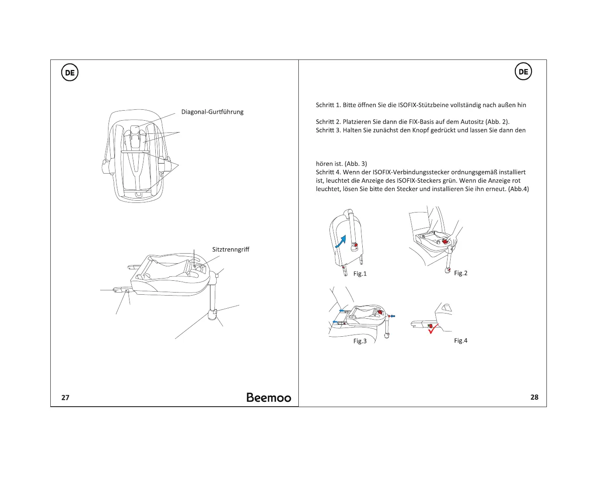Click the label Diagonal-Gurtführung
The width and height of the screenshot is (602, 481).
(212, 112)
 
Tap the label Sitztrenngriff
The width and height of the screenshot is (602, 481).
(231, 250)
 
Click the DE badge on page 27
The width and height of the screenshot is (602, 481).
(70, 73)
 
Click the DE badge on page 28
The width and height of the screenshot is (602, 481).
(523, 72)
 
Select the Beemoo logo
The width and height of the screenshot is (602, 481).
(269, 397)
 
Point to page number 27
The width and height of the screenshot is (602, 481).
(65, 397)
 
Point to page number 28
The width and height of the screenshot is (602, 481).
(534, 397)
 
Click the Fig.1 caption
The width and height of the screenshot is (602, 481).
(360, 274)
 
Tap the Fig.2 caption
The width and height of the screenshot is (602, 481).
(461, 273)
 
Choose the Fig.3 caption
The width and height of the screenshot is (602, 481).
(360, 341)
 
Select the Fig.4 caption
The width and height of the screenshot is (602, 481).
(461, 341)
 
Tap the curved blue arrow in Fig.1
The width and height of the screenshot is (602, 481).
(341, 241)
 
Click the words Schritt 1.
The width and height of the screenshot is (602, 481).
(328, 105)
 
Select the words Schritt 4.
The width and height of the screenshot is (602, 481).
(328, 172)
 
